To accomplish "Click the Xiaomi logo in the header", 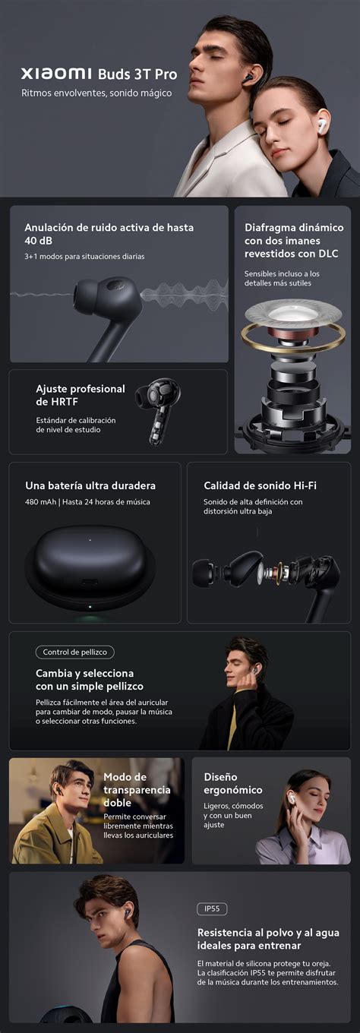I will [x=56, y=74].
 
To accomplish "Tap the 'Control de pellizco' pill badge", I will [x=74, y=652].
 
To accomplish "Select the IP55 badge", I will [x=211, y=909].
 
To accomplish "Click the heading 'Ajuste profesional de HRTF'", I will [x=81, y=394].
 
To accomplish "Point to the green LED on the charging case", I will [x=90, y=606].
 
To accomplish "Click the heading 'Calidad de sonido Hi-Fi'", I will [x=260, y=485].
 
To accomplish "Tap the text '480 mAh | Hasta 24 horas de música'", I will [x=87, y=502].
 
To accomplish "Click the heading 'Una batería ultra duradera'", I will [x=90, y=485].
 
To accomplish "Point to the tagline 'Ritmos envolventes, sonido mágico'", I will [x=96, y=93].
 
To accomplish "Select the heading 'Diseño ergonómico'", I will [x=232, y=783].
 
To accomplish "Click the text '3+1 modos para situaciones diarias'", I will [x=84, y=256].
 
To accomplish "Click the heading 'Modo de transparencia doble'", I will [x=136, y=790].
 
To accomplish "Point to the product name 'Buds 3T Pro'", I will [x=137, y=74].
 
